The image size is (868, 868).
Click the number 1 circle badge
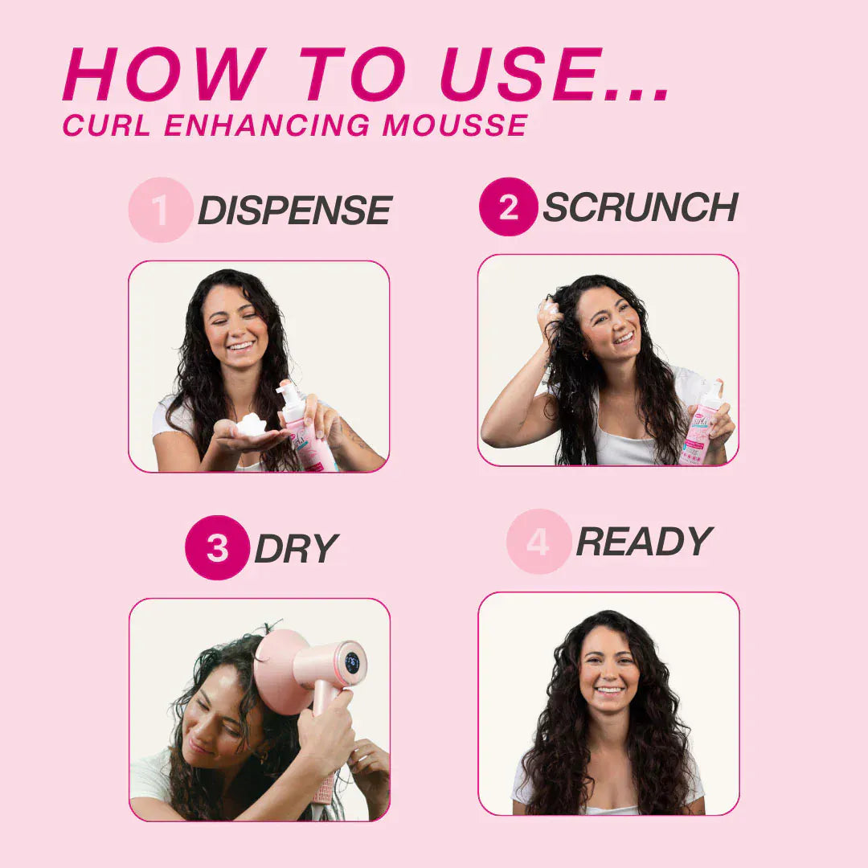point(160,210)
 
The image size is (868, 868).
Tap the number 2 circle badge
point(508,207)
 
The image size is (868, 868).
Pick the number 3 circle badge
point(216,548)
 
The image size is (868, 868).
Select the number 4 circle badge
point(538,542)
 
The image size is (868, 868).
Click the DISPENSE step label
point(294,211)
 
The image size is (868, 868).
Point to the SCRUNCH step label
point(640,208)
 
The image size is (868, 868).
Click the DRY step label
point(295,549)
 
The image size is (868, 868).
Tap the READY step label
point(644,542)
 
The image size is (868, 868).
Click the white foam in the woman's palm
point(252,424)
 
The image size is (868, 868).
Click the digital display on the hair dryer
point(352,662)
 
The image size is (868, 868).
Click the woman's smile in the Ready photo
point(609,689)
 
